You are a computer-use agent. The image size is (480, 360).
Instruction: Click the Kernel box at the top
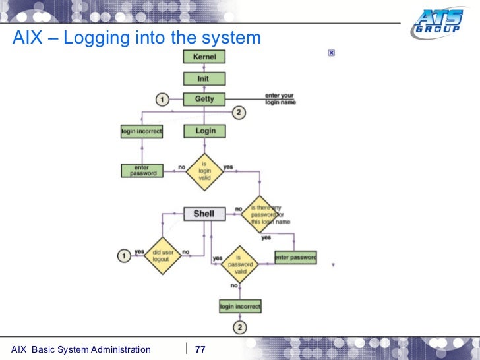point(204,57)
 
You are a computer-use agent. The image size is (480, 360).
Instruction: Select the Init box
point(204,78)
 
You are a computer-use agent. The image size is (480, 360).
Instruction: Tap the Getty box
point(204,100)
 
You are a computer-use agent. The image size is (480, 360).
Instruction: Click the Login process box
point(205,131)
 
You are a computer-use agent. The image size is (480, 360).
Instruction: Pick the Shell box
point(204,214)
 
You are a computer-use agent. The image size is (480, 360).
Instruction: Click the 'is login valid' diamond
point(204,171)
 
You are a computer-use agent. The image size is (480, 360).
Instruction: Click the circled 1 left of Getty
point(162,100)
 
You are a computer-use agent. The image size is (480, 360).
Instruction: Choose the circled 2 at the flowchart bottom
point(240,328)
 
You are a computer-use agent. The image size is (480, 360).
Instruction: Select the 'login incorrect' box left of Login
point(141,131)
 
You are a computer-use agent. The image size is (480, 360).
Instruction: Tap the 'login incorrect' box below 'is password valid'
point(240,307)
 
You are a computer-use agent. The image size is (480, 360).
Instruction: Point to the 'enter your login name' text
point(280,99)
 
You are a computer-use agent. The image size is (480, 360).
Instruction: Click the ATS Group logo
point(436,24)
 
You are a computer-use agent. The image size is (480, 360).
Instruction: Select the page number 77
point(200,349)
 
